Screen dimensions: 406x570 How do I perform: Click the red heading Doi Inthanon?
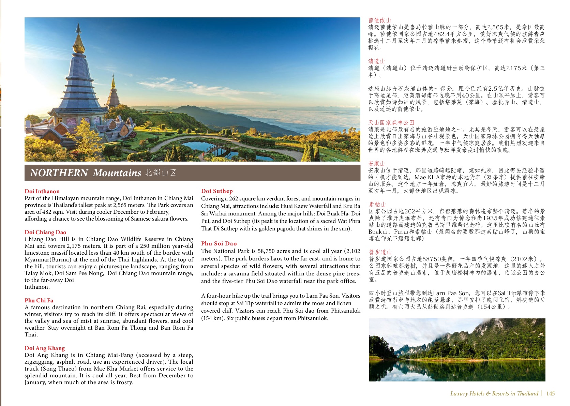(42, 191)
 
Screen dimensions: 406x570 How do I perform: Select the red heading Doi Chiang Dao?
(45, 232)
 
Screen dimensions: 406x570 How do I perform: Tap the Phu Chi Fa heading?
(39, 300)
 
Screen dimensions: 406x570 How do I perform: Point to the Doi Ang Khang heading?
(45, 348)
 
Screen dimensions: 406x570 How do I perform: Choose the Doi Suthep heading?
(217, 191)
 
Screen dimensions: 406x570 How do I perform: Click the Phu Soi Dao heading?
(219, 243)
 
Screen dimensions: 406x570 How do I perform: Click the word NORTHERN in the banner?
(59, 173)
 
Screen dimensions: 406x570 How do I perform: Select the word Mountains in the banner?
(117, 173)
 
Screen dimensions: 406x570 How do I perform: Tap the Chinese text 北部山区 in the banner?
(161, 172)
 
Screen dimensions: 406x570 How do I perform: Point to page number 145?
(550, 393)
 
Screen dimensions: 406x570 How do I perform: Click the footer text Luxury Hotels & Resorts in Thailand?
(494, 393)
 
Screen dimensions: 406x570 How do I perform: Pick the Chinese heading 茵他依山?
(379, 20)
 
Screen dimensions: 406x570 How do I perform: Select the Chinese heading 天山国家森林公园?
(391, 122)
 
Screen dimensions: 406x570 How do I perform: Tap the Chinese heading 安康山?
(376, 163)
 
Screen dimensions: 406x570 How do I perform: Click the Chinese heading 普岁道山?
(380, 252)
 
